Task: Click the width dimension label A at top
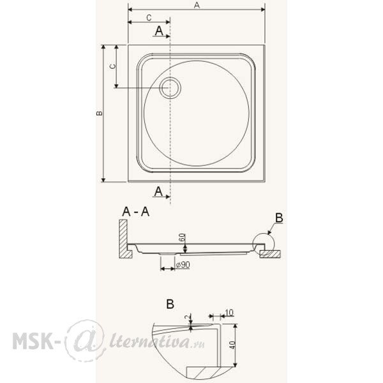click(197, 5)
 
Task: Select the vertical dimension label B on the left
click(100, 113)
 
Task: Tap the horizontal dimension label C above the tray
click(149, 18)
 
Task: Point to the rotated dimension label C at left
click(112, 66)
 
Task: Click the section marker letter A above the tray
click(159, 31)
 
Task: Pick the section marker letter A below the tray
click(158, 191)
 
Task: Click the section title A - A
click(136, 212)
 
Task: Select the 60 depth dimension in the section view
click(182, 237)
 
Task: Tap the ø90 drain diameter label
click(183, 265)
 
